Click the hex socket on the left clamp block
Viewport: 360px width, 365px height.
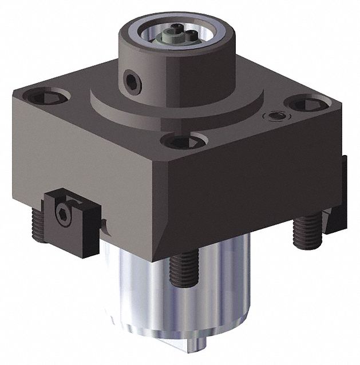point(64,213)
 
